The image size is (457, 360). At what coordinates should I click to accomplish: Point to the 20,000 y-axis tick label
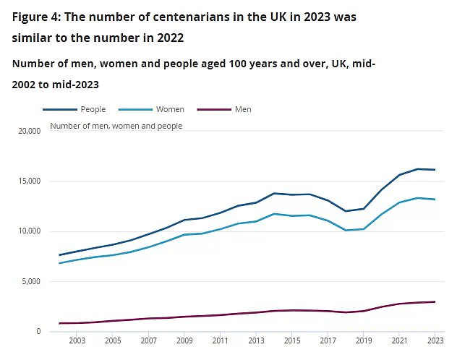click(x=28, y=131)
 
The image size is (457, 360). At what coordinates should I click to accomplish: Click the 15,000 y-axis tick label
click(x=28, y=181)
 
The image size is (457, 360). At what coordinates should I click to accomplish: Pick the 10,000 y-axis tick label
click(x=28, y=231)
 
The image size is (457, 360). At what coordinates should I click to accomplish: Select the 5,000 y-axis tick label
click(x=30, y=281)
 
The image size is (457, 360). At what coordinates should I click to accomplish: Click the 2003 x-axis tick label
click(x=77, y=340)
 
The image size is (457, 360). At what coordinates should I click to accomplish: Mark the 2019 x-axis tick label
click(x=363, y=340)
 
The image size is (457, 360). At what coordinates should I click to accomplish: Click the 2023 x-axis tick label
click(x=435, y=340)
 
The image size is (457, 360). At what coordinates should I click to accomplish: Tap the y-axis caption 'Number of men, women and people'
click(x=116, y=126)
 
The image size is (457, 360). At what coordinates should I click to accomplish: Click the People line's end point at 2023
click(x=435, y=170)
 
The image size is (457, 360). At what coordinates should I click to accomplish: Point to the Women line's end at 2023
click(x=435, y=200)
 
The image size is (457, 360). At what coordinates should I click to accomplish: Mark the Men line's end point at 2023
click(x=435, y=301)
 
